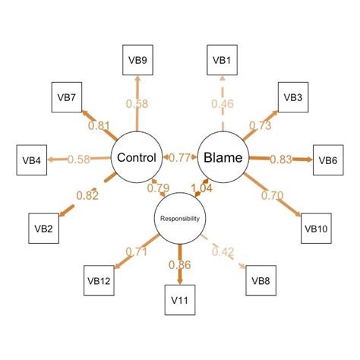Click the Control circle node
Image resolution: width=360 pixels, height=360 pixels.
click(x=137, y=158)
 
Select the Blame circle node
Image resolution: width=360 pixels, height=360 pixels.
click(x=223, y=158)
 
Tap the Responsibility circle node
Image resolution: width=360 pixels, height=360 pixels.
click(x=180, y=219)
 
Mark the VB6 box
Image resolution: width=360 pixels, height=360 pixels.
click(x=327, y=159)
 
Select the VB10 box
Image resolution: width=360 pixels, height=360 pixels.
click(x=315, y=227)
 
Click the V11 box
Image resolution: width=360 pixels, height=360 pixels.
click(x=180, y=300)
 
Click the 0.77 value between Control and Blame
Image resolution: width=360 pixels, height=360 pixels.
click(x=179, y=158)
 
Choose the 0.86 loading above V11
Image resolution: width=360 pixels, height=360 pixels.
click(x=180, y=266)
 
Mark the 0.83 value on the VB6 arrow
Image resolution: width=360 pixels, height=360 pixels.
click(x=280, y=159)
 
